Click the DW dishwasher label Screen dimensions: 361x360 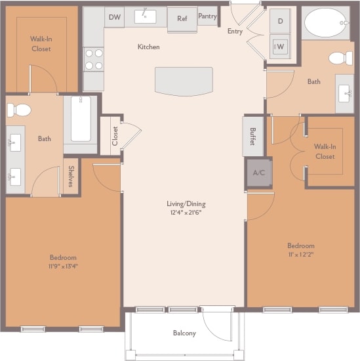point(115,17)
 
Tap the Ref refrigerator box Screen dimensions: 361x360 point(182,18)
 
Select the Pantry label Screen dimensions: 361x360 point(207,16)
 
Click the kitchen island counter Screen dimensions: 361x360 point(184,81)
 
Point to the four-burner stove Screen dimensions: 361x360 point(94,59)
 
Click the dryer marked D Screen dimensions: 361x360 point(281,21)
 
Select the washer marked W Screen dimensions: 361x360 point(281,46)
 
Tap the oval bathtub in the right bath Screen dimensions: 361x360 point(325,24)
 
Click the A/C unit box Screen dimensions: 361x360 point(258,173)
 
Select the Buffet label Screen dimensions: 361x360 point(252,136)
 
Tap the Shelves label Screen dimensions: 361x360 point(71,176)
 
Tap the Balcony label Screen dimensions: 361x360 point(184,333)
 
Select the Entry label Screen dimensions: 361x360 point(235,31)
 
